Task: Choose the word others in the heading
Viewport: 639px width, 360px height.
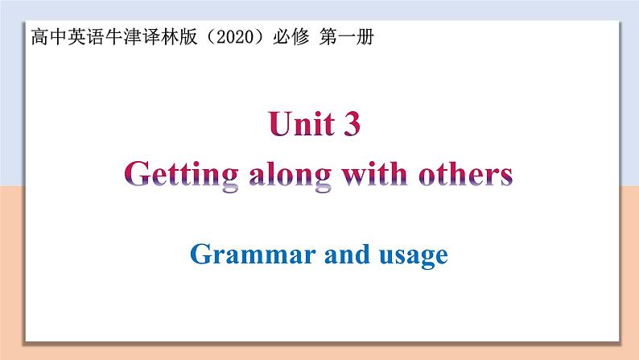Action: (x=462, y=174)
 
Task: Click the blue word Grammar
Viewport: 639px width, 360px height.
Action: (x=246, y=255)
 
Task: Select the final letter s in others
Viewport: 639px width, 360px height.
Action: (x=505, y=176)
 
